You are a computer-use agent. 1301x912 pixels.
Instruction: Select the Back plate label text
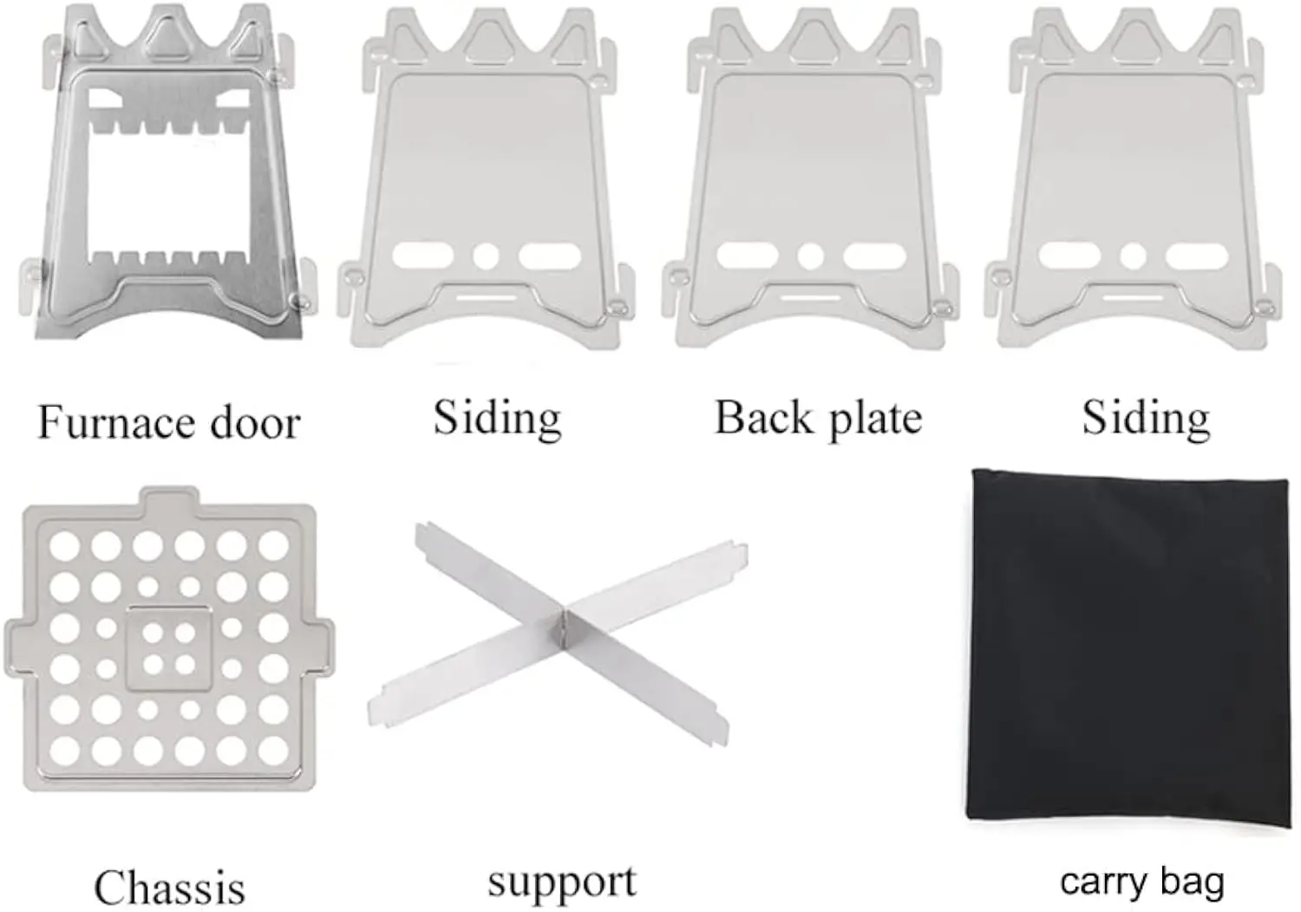(x=818, y=418)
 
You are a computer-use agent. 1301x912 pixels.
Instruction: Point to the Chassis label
(x=169, y=887)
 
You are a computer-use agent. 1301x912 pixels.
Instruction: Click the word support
(x=562, y=883)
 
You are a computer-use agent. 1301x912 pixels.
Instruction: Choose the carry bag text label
(x=1142, y=882)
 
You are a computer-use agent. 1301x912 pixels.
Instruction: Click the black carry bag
(x=1128, y=650)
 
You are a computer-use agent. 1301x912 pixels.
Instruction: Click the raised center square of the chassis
(x=169, y=648)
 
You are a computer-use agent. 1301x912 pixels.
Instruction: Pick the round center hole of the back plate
(x=811, y=256)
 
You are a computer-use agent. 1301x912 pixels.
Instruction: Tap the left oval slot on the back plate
(x=748, y=256)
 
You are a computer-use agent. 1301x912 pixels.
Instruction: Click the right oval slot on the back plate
(x=874, y=256)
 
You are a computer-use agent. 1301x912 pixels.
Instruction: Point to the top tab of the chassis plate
(x=169, y=498)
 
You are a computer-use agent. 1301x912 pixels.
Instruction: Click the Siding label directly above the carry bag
(x=1146, y=418)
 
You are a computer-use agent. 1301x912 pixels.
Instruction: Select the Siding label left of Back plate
(x=497, y=418)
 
